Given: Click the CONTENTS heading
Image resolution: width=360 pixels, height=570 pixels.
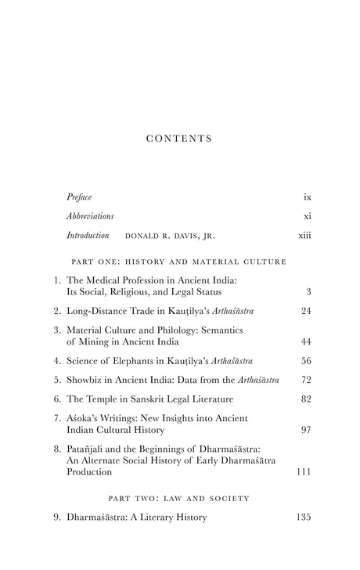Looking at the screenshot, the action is point(179,139).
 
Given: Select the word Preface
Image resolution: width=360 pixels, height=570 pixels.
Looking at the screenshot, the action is point(79,197).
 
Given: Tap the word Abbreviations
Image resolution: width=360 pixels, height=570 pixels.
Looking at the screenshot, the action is point(90,215).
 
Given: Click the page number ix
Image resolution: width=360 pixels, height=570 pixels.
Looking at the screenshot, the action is point(308,197).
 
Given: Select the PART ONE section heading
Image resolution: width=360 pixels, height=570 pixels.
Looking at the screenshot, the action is point(179,261).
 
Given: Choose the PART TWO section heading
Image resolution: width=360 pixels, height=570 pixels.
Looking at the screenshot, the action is point(179,497).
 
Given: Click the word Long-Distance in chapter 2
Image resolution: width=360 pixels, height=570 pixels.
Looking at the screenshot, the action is point(99,312).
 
